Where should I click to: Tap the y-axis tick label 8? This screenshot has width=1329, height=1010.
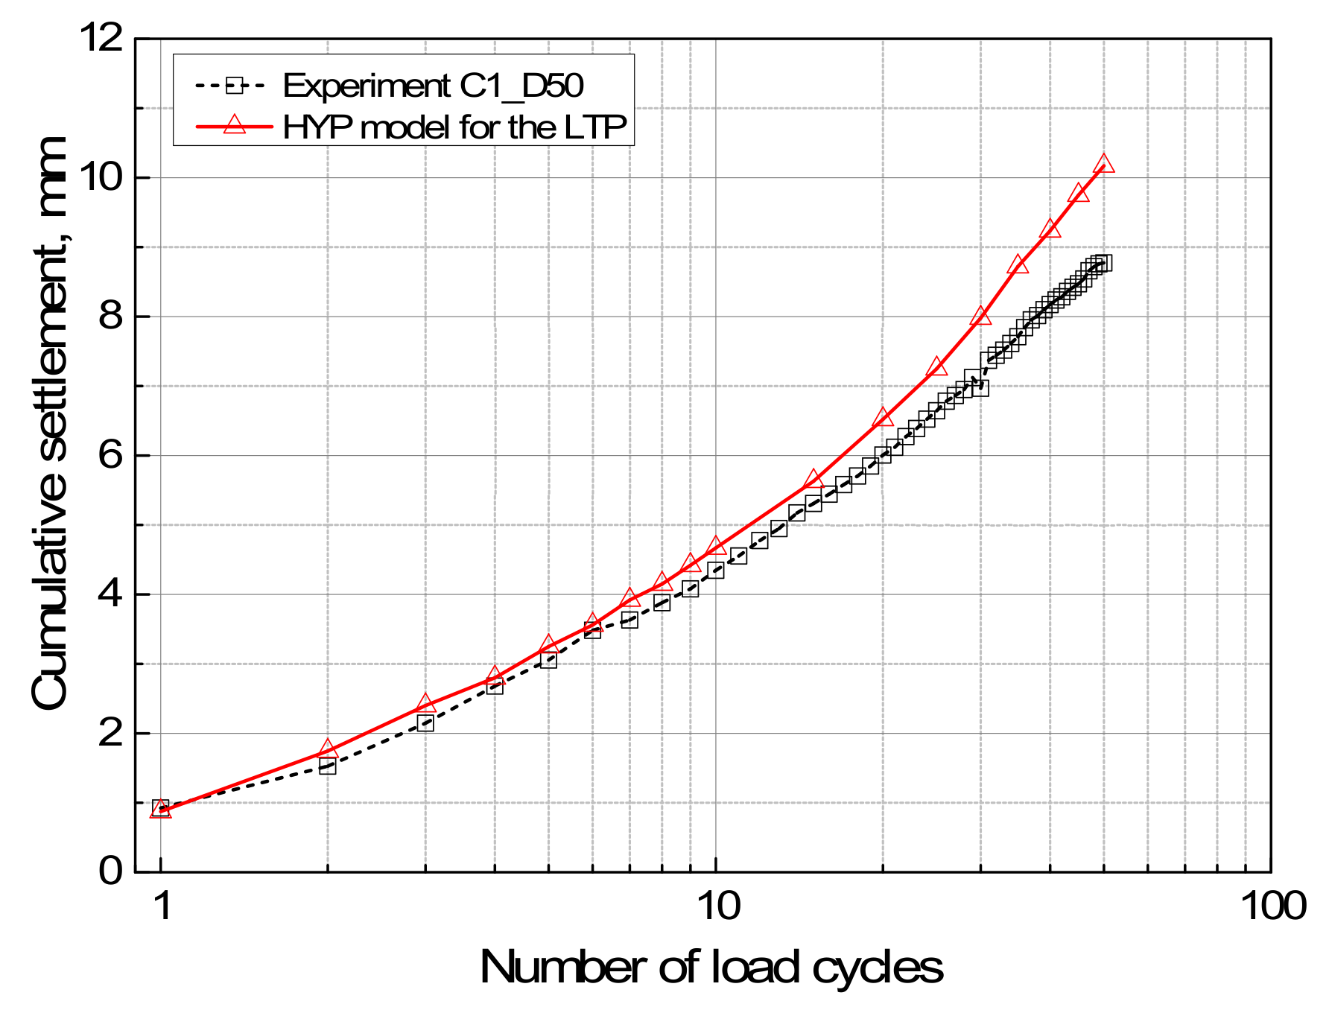coord(110,317)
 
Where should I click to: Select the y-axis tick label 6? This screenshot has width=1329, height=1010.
coord(110,455)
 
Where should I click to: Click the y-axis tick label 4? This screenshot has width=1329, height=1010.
coord(110,594)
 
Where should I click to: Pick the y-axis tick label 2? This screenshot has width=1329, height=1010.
coord(110,733)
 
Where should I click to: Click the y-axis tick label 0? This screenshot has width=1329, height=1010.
coord(110,871)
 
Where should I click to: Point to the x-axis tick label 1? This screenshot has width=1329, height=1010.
coord(162,906)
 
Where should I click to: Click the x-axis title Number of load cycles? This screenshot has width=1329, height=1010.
coord(711,968)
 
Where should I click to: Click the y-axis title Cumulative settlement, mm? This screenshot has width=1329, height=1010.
coord(51,423)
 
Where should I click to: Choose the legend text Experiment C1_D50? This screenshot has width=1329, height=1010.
coord(433,86)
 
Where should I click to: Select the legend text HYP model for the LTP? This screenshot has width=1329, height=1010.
coord(455,127)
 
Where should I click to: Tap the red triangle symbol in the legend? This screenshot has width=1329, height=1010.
coord(235,125)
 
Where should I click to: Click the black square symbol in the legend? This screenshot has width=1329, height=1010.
coord(235,86)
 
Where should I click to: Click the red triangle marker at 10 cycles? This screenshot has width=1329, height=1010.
coord(716,547)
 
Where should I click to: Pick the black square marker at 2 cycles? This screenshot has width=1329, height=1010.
coord(328,766)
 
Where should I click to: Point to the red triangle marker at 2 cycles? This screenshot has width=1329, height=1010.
coord(328,749)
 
